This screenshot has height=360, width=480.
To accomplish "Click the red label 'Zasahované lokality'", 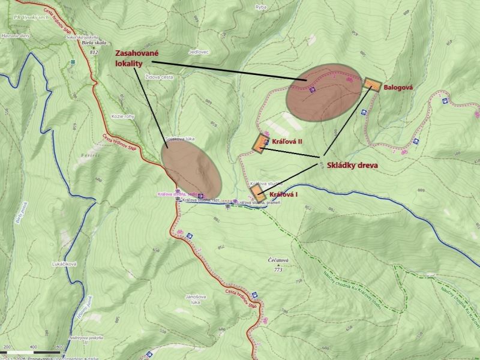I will [x=141, y=58].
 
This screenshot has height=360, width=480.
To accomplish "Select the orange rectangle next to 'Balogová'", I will [x=373, y=85].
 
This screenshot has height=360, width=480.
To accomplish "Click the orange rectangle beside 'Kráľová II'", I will [x=262, y=143].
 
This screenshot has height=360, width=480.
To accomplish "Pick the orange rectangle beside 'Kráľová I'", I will [x=257, y=193].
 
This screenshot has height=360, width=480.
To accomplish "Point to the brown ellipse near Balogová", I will [x=325, y=92].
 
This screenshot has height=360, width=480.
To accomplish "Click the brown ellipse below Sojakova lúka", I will [x=191, y=170].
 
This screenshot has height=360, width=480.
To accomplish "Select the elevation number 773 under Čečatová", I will [x=278, y=270].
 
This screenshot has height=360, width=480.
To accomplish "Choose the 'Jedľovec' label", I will [x=198, y=53].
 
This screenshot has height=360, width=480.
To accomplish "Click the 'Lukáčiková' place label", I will [x=64, y=264].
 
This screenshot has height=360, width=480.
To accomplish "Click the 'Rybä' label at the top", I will [x=260, y=7].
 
